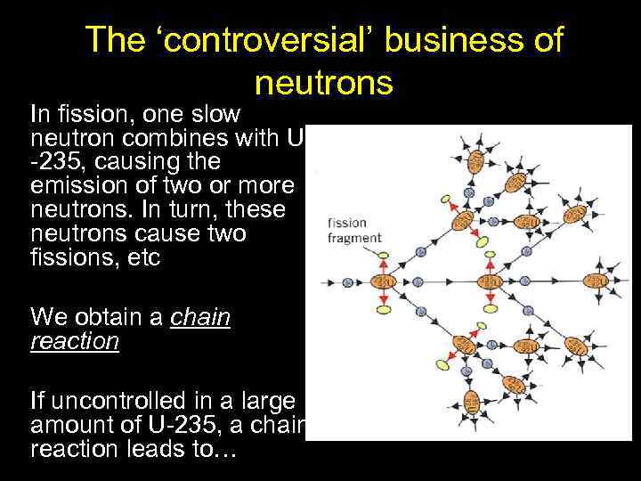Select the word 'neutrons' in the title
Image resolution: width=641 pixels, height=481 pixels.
coord(323,83)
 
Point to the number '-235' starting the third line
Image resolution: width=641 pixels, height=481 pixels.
coord(54,164)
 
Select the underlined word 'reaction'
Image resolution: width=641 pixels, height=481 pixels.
coord(74,342)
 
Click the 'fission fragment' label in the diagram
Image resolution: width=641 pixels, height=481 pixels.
coord(354,231)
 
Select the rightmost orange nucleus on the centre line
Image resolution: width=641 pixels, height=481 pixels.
coord(592,284)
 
